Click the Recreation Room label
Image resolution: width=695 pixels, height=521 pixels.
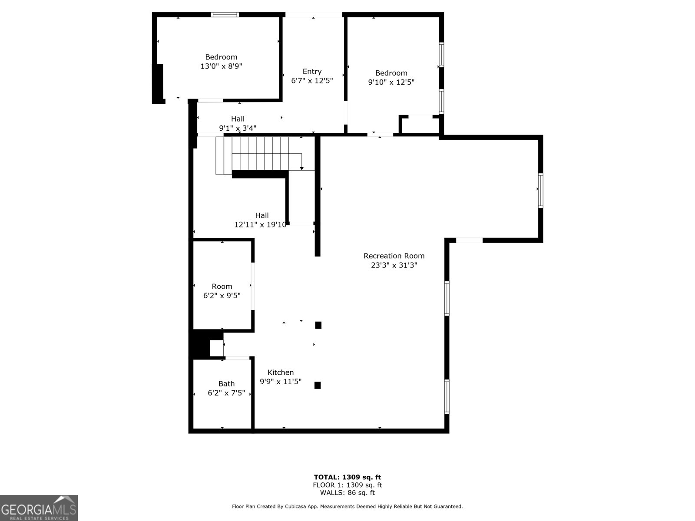(394, 256)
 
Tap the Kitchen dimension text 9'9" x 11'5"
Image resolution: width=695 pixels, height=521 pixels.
(281, 382)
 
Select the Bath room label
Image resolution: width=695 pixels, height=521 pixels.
(226, 384)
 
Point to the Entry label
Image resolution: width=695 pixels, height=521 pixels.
(312, 72)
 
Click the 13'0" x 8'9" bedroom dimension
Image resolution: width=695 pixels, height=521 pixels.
(221, 66)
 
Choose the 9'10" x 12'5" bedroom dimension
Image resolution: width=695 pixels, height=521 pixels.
(391, 82)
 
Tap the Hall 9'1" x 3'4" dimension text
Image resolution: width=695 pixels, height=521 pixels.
(238, 128)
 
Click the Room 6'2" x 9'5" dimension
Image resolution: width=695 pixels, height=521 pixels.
(222, 296)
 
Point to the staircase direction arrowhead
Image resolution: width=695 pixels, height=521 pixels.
(302, 168)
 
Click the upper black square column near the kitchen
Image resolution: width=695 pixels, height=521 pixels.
(318, 325)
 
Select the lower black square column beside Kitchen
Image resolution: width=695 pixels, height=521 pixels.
(318, 385)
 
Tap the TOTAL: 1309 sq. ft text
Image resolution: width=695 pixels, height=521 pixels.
(347, 477)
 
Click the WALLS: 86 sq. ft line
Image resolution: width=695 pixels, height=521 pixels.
(347, 492)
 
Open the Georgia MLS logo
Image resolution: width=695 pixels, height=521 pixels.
(39, 508)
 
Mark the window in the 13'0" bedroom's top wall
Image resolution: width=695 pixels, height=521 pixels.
(225, 15)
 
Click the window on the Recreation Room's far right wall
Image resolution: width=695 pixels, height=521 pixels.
(541, 191)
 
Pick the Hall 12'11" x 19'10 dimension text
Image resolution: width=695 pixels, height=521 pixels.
(260, 224)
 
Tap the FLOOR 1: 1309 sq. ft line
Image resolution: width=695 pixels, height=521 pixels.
(347, 485)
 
